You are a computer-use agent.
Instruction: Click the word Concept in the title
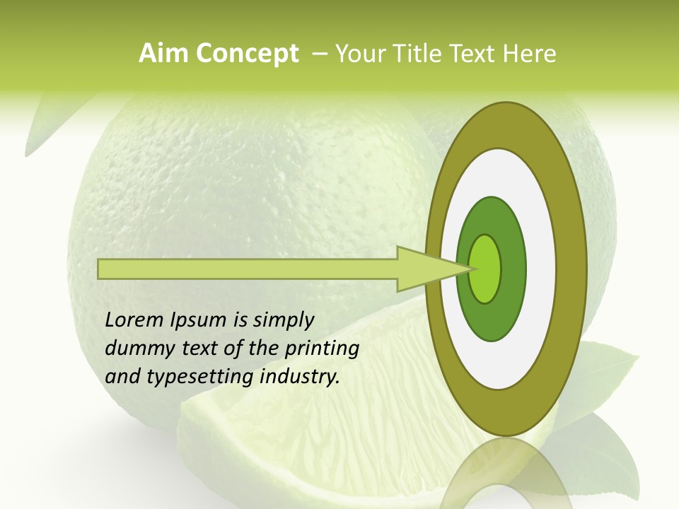pos(248,54)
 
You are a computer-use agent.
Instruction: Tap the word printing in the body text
pos(321,349)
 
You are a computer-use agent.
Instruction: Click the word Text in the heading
pos(477,54)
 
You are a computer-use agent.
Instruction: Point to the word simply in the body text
pos(283,320)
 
